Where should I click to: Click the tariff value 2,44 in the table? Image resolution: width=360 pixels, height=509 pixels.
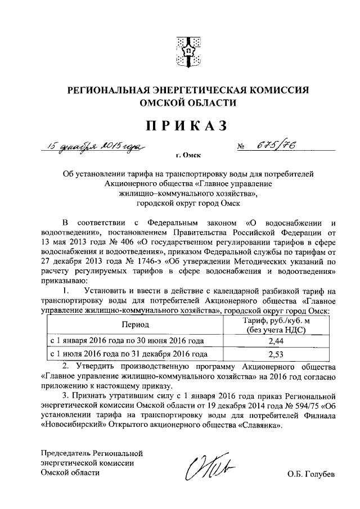[x=276, y=340]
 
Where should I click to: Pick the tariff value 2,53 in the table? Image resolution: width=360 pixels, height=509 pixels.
[x=276, y=354]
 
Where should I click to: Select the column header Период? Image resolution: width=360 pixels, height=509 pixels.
[x=134, y=325]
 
